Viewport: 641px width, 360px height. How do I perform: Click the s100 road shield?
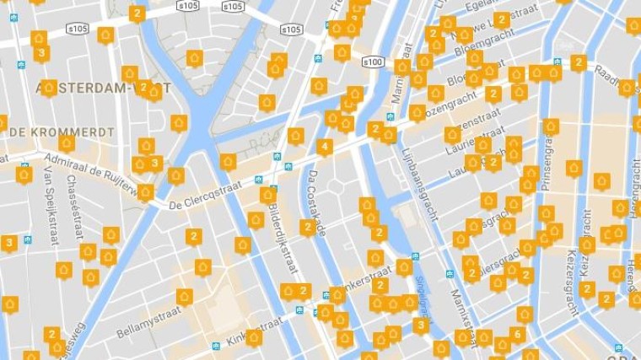373,62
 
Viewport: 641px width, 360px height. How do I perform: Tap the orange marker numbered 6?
517,334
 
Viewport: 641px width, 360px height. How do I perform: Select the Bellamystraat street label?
149,321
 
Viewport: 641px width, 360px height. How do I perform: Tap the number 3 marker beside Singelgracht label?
420,325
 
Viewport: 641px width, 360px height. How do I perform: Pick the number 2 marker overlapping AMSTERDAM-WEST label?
144,86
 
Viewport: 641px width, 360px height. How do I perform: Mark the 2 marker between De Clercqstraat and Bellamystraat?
194,236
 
